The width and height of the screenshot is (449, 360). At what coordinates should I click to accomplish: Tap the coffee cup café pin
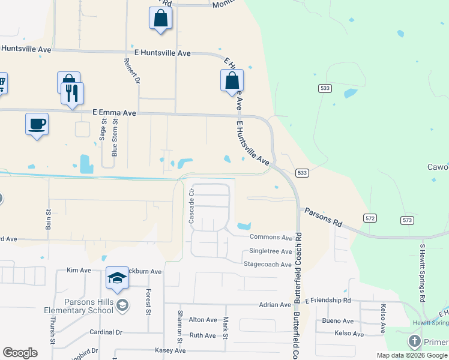click(37, 124)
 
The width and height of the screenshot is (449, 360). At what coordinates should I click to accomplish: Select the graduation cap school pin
click(118, 278)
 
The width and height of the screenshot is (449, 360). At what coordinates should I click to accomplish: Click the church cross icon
click(414, 342)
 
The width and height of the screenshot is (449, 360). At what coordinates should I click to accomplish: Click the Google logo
click(20, 353)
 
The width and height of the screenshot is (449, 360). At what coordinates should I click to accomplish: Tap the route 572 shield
click(370, 218)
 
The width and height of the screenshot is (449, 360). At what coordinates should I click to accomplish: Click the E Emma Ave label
click(115, 112)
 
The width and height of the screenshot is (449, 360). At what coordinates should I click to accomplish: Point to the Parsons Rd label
click(323, 217)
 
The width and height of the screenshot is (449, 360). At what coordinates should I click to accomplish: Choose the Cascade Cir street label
click(192, 206)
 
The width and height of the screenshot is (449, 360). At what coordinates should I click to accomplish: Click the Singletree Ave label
click(270, 251)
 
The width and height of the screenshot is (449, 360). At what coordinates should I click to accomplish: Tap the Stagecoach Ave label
click(268, 264)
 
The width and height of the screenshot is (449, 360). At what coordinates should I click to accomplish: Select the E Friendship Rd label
click(328, 300)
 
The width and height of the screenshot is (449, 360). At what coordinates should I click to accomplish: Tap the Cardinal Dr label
click(106, 332)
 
